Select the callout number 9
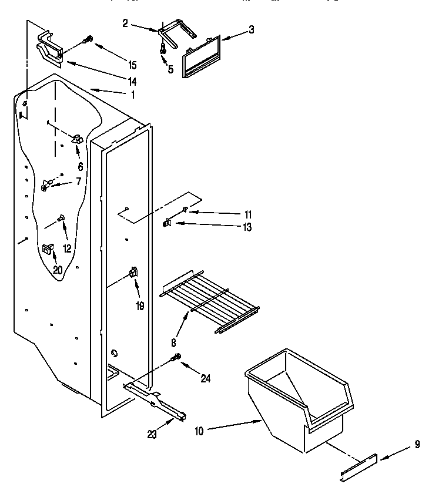(x=417, y=444)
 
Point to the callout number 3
(x=251, y=29)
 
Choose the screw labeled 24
(x=176, y=357)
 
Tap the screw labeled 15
(x=89, y=41)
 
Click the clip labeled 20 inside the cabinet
(x=47, y=250)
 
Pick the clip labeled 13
(x=168, y=223)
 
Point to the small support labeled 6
(x=77, y=139)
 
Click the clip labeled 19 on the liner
(x=133, y=272)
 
